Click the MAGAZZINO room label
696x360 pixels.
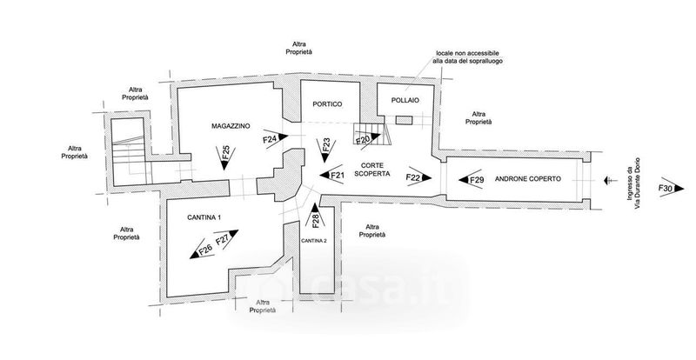coord(231,127)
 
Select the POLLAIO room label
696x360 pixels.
coord(405,101)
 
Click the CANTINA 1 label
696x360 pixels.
coord(204,216)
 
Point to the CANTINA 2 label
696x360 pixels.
coord(313,239)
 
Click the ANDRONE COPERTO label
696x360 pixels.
coord(527,179)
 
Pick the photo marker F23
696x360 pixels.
coord(325,144)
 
